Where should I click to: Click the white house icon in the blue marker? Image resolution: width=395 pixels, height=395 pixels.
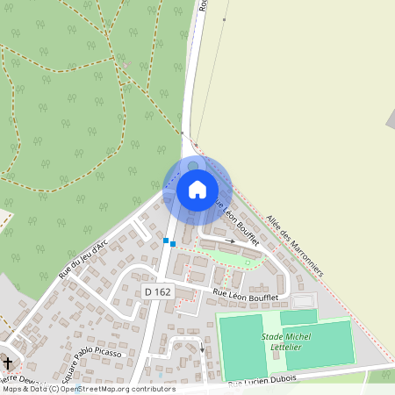coord(197,190)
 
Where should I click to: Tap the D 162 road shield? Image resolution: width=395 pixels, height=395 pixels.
coord(158,291)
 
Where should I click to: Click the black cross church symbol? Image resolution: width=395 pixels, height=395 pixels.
coord(9,363)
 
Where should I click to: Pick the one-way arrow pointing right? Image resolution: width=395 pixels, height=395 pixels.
coord(230,240)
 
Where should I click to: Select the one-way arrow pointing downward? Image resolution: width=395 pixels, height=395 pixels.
coord(203,348)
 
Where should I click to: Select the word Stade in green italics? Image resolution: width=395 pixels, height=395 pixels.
coord(274,336)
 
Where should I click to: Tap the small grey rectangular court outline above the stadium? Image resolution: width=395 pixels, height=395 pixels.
coord(303,301)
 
